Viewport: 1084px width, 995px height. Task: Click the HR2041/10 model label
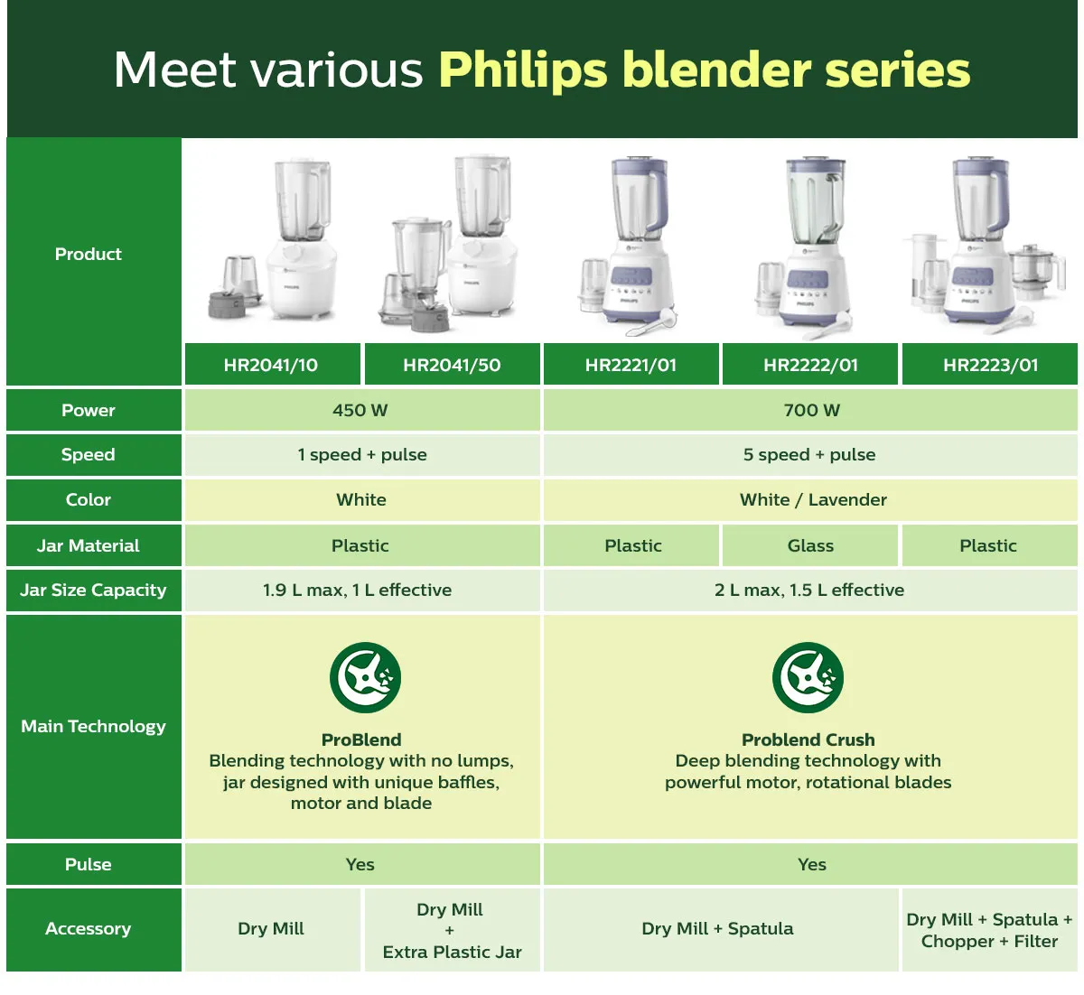tap(272, 365)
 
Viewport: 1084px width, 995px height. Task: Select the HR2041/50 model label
tap(452, 365)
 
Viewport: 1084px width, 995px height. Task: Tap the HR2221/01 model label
tap(631, 365)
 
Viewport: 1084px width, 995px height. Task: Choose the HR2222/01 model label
tap(810, 365)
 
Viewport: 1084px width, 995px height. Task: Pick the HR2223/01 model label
tap(990, 365)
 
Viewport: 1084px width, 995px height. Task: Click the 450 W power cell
tap(362, 410)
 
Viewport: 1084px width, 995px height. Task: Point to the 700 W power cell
tap(810, 410)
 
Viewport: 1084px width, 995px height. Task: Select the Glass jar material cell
tap(810, 545)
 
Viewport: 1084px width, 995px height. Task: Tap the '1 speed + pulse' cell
tap(362, 455)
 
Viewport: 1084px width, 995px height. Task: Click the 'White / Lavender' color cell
tap(810, 499)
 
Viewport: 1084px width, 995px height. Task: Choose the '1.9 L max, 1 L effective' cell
tap(362, 590)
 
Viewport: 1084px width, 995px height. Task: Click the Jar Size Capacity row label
tap(93, 590)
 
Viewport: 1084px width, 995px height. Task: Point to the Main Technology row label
tap(93, 727)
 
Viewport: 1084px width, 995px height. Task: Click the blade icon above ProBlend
tap(365, 677)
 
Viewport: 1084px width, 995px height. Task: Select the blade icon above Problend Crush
tap(808, 677)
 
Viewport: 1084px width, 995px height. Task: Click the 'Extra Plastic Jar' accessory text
tap(452, 952)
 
